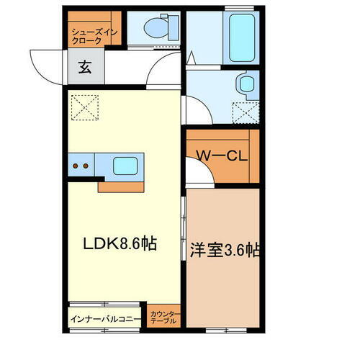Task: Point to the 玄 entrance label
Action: [85, 69]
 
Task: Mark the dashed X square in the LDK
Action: [84, 109]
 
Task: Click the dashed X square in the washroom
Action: [245, 112]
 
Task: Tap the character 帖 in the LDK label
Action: [149, 245]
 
